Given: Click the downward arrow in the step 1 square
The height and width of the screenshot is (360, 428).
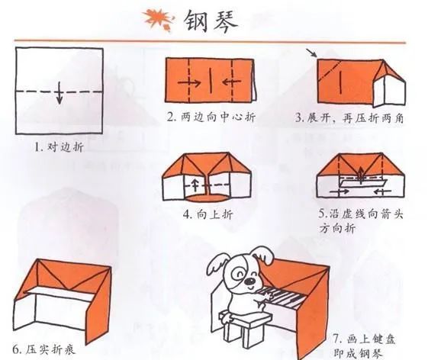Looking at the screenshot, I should pyautogui.click(x=59, y=94).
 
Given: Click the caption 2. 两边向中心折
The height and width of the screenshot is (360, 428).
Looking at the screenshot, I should pyautogui.click(x=210, y=118).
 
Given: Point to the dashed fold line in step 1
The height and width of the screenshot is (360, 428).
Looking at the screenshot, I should pyautogui.click(x=59, y=86).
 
